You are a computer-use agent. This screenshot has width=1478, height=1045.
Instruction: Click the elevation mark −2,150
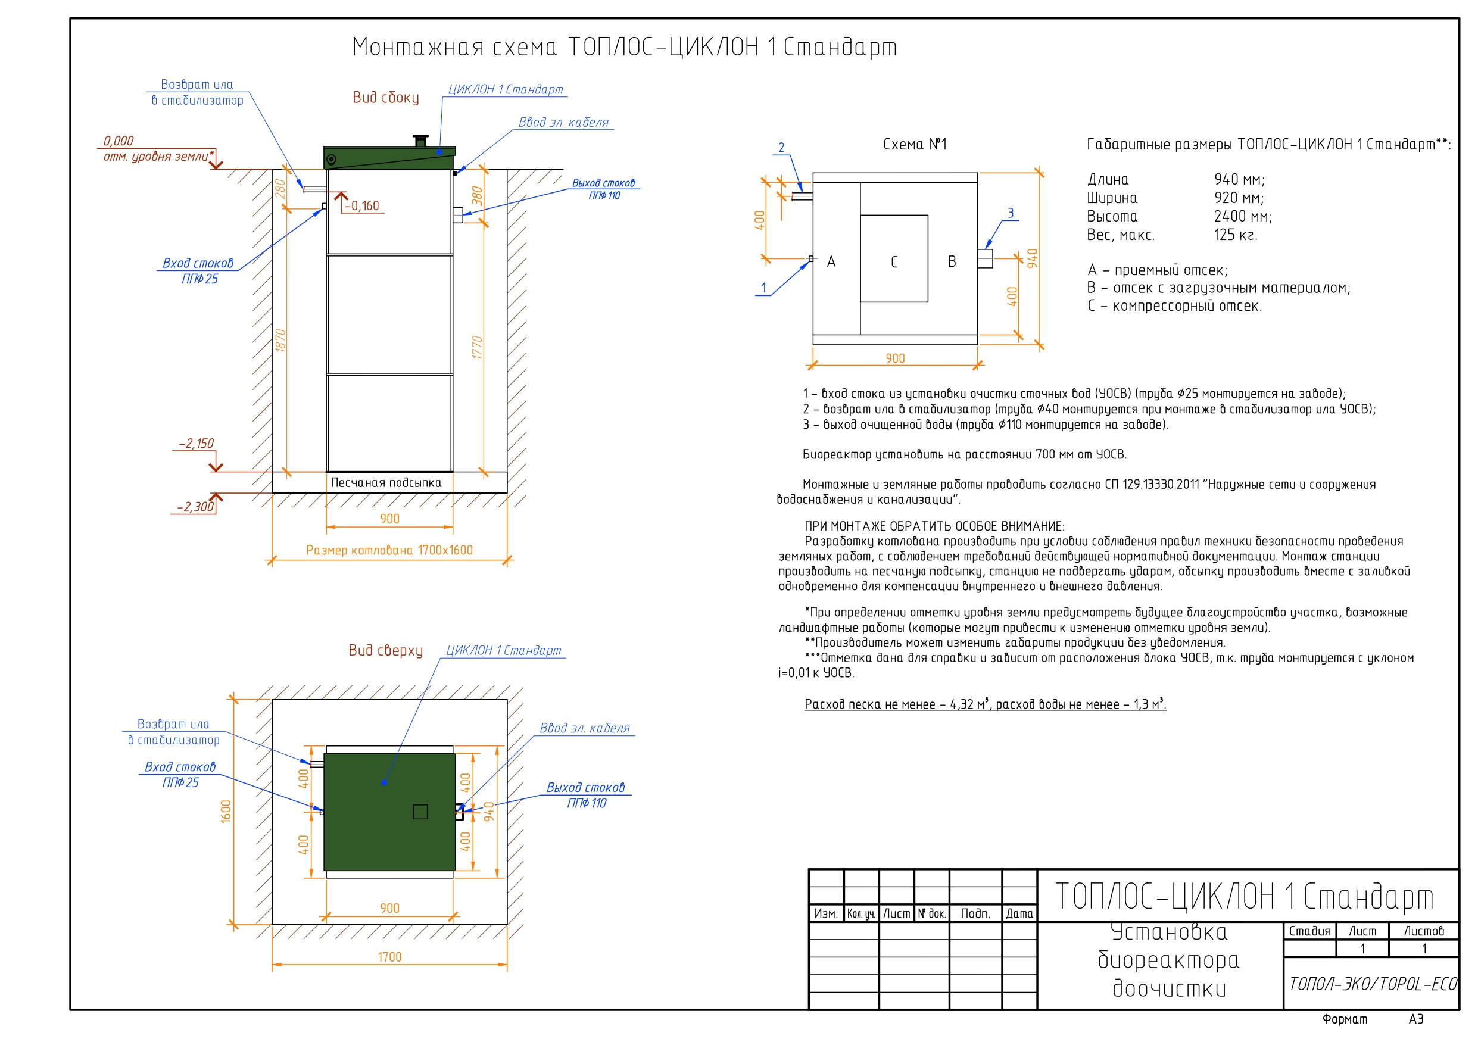197,444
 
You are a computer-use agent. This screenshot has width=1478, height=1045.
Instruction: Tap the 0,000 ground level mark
119,141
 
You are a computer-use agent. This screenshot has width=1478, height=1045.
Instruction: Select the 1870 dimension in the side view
280,340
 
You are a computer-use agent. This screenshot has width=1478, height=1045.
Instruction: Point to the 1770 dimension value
476,348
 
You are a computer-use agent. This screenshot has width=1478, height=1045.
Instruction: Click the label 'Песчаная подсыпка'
386,483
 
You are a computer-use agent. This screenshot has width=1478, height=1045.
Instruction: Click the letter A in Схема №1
831,262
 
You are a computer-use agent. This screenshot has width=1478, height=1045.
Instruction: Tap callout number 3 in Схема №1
1010,213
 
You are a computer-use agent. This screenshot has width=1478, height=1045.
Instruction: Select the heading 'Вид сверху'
386,650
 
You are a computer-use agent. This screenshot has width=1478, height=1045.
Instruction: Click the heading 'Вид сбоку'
386,98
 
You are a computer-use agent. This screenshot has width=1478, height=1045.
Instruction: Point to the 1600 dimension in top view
226,811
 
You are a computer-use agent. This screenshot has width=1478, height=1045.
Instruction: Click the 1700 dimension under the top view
389,957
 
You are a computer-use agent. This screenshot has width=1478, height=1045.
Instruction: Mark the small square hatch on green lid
420,812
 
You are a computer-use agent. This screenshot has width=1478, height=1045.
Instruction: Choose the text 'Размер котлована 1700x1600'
389,550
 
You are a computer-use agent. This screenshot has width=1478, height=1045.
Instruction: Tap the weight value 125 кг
1235,235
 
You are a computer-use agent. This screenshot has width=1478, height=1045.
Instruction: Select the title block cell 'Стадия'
1309,931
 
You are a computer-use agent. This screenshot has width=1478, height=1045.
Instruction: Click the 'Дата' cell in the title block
1019,913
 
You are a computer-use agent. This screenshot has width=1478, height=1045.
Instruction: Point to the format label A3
1415,1019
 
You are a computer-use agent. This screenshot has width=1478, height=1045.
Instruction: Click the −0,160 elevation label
362,206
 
